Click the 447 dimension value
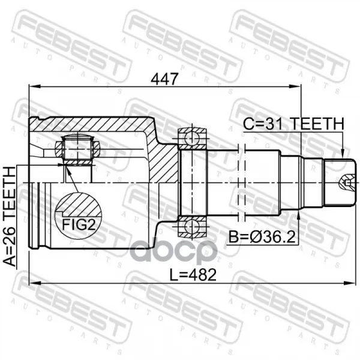point(164,79)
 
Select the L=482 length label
point(193,275)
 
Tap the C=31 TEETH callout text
point(293,124)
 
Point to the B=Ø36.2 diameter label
point(262,236)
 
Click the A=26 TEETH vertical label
point(10,217)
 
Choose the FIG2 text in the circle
point(79,224)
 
